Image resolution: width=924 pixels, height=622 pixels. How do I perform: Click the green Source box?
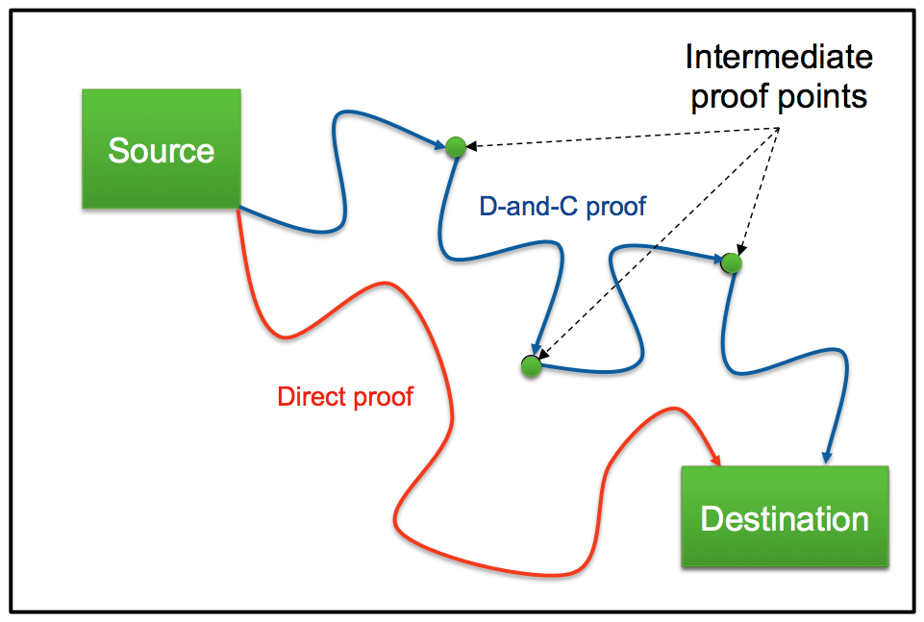(161, 148)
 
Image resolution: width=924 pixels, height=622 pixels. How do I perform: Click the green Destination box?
(785, 516)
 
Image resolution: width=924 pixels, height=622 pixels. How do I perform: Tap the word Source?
(161, 150)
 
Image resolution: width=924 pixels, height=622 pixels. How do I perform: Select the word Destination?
(785, 519)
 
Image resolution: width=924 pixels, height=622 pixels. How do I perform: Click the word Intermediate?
(779, 57)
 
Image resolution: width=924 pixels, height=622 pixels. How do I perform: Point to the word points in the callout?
(825, 96)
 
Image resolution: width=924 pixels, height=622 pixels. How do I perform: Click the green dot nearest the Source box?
(456, 147)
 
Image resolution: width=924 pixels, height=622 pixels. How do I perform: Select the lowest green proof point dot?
(531, 365)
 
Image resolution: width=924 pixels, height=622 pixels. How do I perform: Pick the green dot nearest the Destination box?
(732, 262)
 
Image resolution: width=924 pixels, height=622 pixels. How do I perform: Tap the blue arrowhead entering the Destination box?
(827, 457)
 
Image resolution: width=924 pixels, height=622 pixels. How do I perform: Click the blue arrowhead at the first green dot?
(439, 144)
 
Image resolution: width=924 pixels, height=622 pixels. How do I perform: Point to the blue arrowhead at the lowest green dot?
(536, 349)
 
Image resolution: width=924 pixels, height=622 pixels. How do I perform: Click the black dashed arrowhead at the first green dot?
(471, 145)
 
